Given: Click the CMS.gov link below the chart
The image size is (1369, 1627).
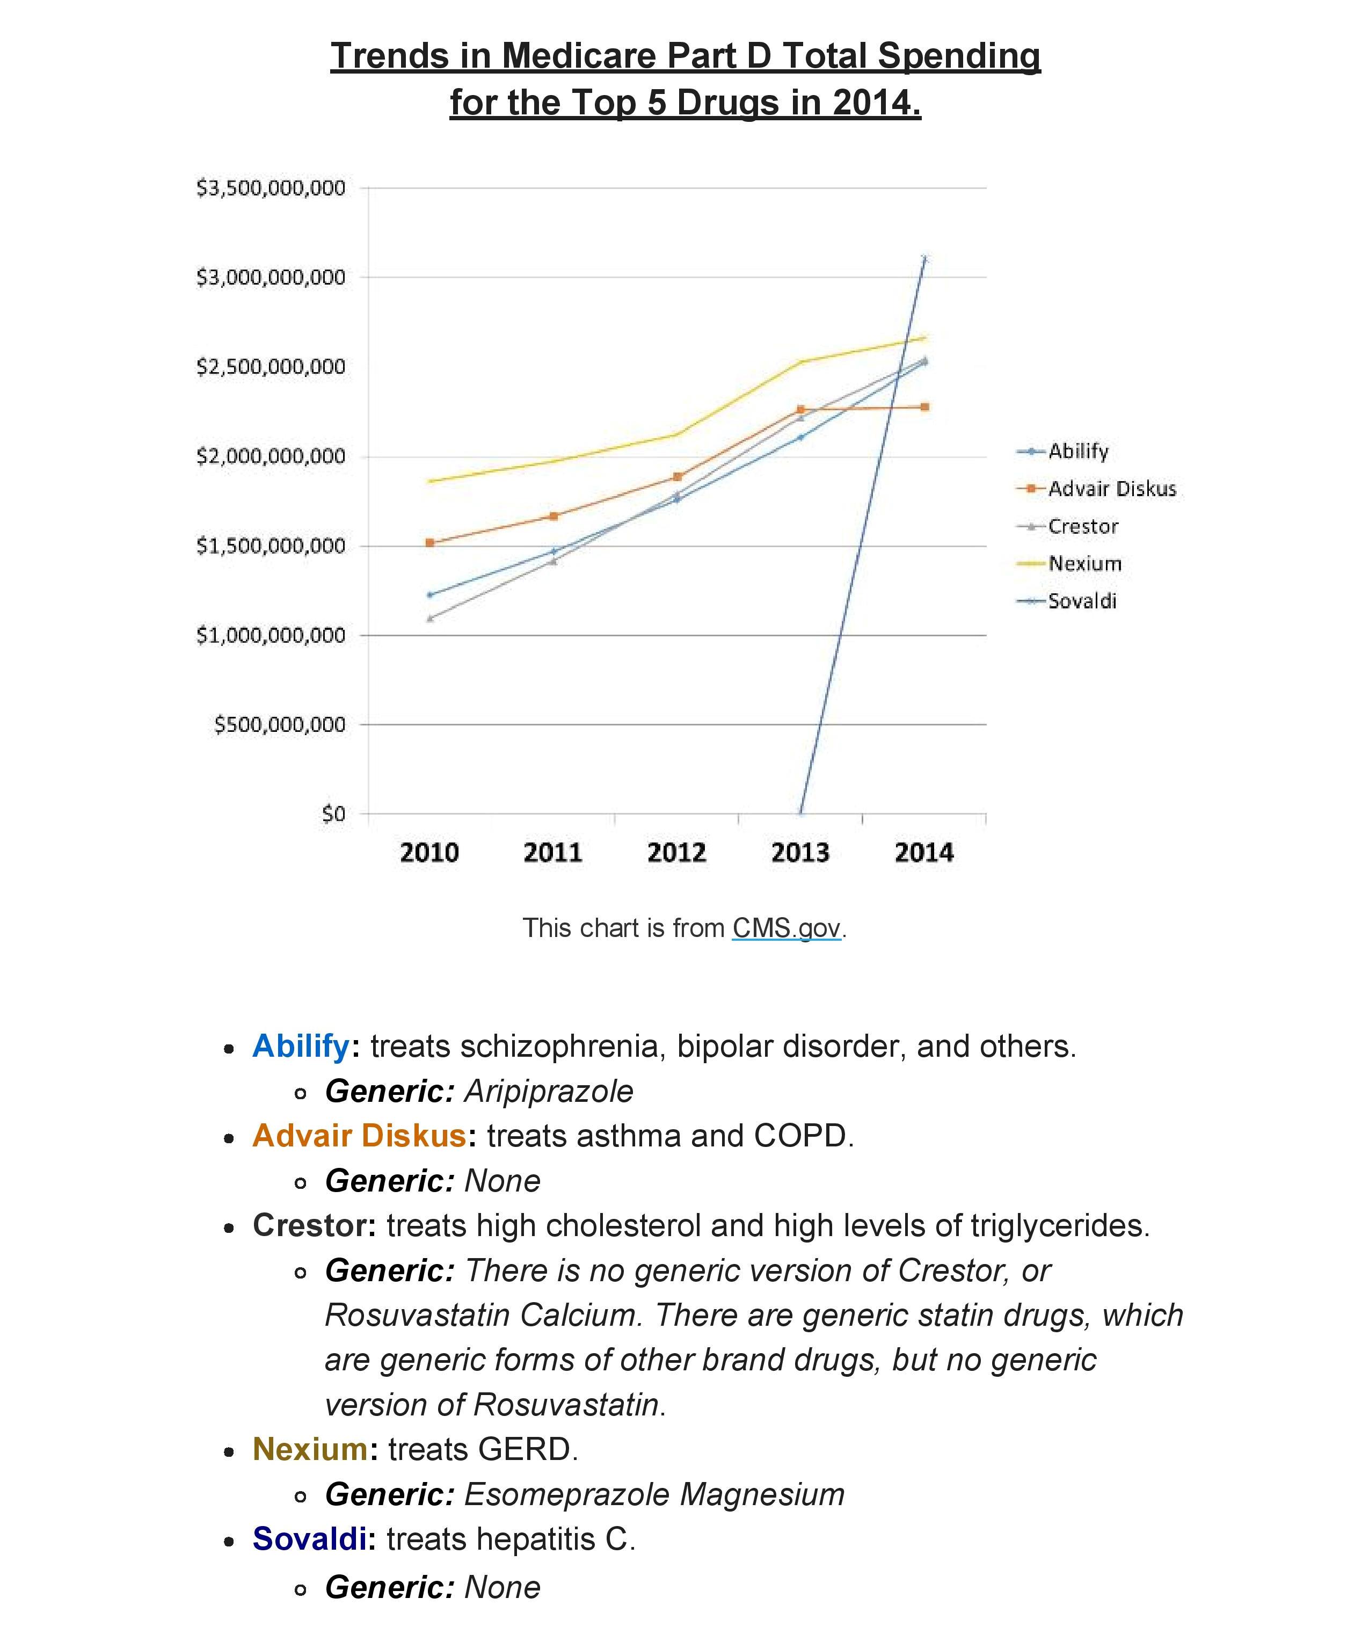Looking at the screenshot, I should tap(786, 928).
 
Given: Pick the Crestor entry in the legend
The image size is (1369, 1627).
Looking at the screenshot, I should tap(1083, 526).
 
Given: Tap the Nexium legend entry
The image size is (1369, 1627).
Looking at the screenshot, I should tap(1084, 564).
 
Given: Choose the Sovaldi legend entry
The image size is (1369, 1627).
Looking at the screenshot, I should tap(1082, 601).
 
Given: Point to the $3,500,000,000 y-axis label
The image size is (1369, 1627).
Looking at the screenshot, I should tap(270, 188).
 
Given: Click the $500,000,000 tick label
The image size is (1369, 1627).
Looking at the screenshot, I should tap(279, 724).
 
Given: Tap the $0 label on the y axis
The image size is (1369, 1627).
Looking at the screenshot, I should tap(334, 813).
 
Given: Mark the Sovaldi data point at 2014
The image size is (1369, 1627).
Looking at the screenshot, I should tap(923, 258).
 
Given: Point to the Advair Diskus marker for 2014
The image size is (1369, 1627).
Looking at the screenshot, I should tap(924, 407).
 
